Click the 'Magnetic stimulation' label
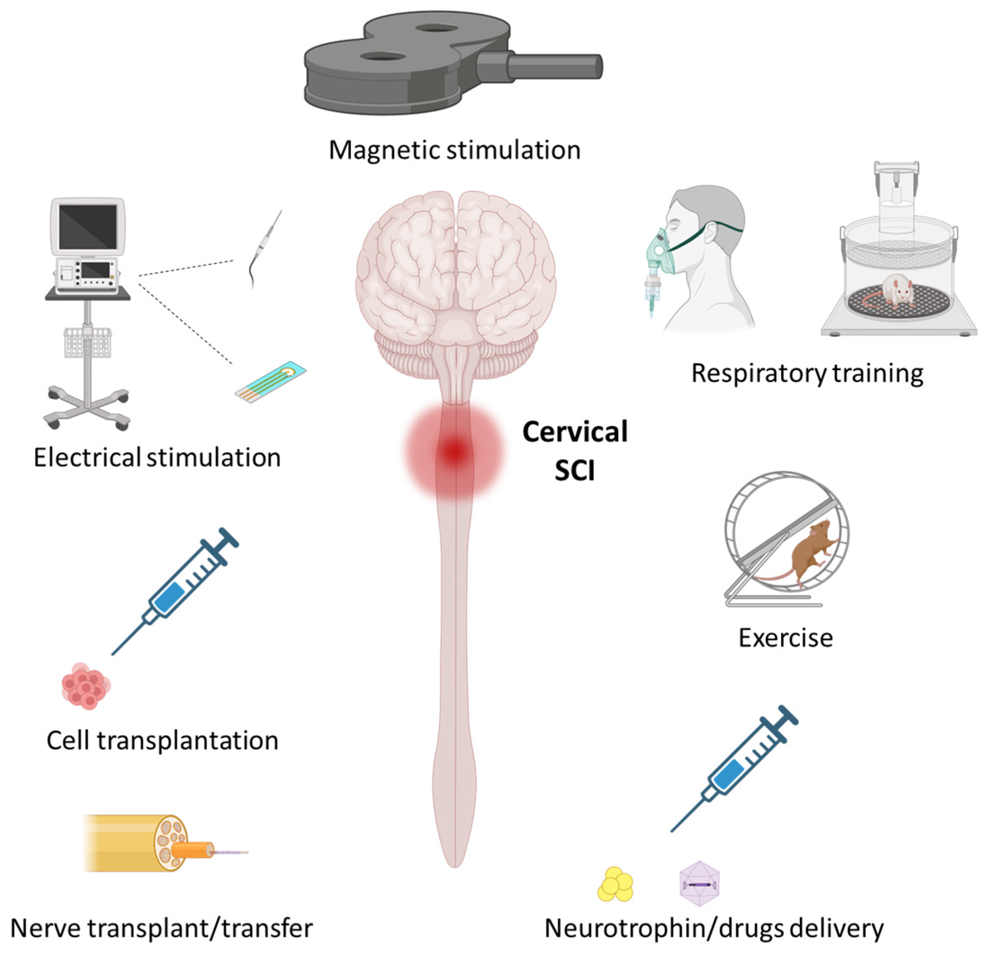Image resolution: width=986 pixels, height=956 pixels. point(454,150)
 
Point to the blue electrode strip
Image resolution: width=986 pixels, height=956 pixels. point(271,382)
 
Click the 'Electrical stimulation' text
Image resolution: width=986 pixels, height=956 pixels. point(157,457)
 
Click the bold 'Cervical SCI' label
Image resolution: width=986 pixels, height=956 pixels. point(575,451)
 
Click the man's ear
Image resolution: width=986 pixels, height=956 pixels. point(711,233)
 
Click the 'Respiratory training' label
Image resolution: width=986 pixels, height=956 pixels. point(807,373)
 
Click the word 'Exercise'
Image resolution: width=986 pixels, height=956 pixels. point(785,638)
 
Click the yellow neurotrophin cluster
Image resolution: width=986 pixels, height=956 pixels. point(615,884)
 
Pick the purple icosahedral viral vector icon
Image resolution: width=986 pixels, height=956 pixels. point(699,884)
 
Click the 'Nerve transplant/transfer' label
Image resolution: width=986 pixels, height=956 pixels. point(162,928)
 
